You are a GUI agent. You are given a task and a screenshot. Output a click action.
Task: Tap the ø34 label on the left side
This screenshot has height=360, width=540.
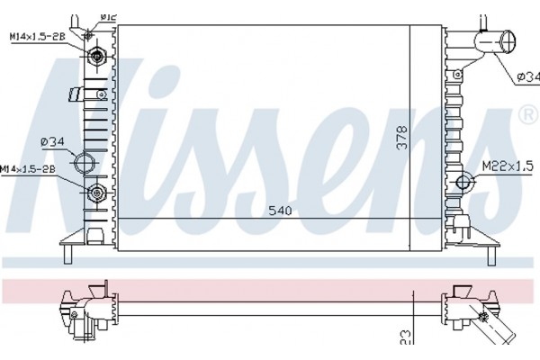[x=51, y=139]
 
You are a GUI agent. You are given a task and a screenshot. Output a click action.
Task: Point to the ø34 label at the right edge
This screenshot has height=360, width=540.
[x=527, y=78]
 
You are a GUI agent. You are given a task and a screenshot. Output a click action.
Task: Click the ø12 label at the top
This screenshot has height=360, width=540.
[x=108, y=15]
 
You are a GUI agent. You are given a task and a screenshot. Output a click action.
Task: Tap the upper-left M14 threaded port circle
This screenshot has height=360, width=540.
[x=96, y=57]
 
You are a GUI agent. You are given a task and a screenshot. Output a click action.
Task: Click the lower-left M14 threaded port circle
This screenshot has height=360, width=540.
[x=96, y=192]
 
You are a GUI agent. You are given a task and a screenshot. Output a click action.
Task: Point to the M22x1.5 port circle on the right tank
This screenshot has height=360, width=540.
[x=465, y=184]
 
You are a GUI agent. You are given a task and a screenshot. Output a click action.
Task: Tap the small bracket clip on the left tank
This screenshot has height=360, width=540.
[x=77, y=94]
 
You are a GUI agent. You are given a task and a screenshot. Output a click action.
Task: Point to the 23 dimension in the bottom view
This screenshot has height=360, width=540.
[x=405, y=337]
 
